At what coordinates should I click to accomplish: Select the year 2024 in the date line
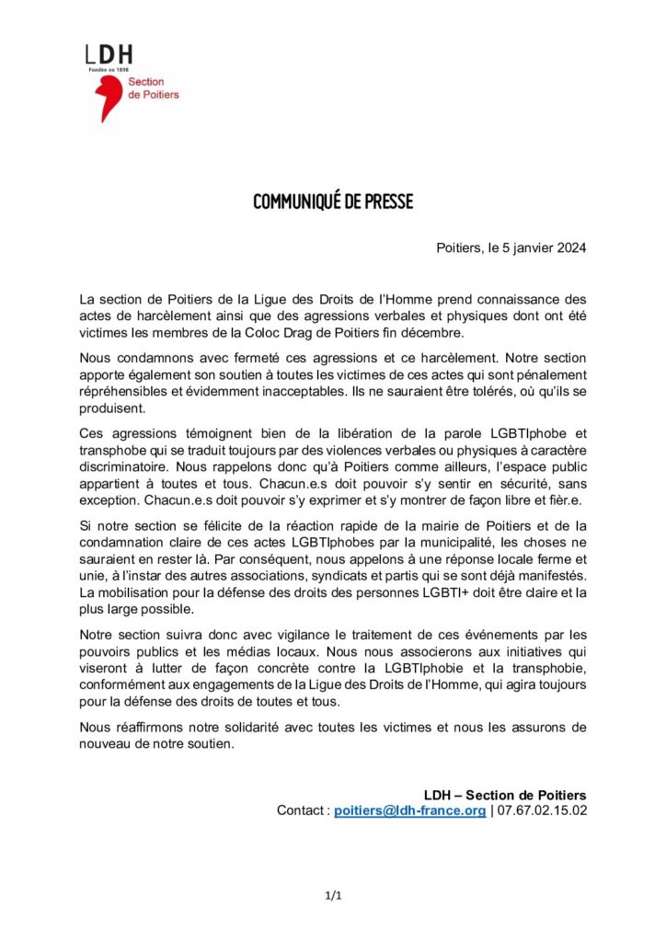[569, 248]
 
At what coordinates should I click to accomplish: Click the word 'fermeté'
[257, 358]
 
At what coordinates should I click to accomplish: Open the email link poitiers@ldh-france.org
[409, 810]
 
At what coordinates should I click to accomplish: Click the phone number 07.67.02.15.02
[543, 810]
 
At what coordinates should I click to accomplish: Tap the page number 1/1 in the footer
[333, 895]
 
